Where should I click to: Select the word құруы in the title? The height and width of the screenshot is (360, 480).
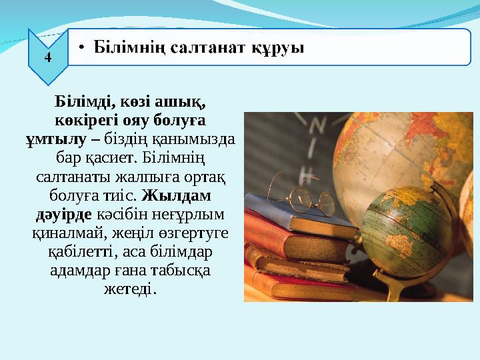tap(279, 48)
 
